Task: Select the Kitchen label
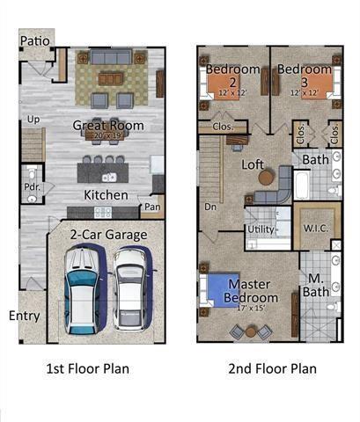coord(106,194)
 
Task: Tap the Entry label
coord(24,315)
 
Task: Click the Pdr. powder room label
coord(32,186)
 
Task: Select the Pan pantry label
coord(152,208)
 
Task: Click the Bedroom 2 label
coord(232,75)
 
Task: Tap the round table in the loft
coord(266,178)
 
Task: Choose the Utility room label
coord(261,228)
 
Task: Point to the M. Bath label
coord(318,286)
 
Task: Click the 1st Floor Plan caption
coord(87,368)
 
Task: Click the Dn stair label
coord(210,207)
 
